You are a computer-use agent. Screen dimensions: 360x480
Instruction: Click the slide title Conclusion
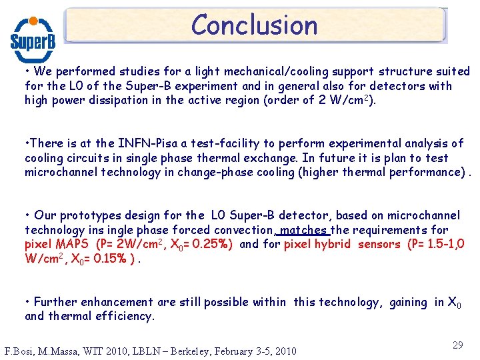(x=254, y=25)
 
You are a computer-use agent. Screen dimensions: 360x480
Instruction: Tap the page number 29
(x=458, y=345)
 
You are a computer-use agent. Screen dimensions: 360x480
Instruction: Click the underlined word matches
(x=305, y=230)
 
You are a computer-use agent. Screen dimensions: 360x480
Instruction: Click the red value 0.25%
(x=208, y=244)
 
